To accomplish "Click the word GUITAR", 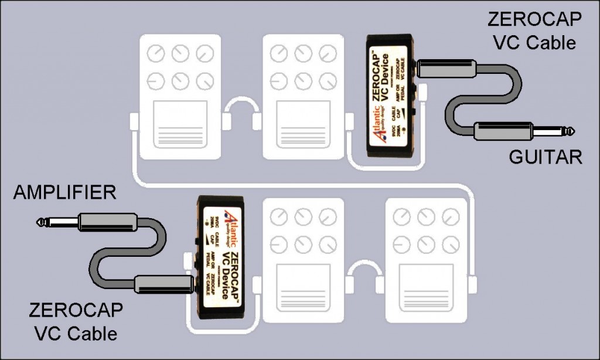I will (x=545, y=158).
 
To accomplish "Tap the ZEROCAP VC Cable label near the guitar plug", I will (x=534, y=30).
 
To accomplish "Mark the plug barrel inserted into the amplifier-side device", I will (x=162, y=284).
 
